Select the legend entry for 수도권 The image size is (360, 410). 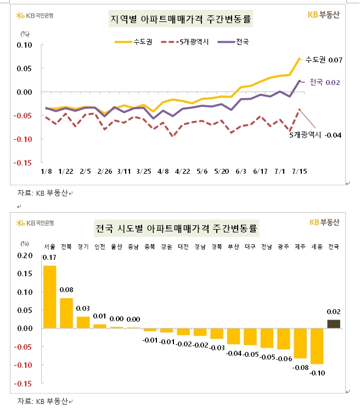pyautogui.click(x=130, y=41)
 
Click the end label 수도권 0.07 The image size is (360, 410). pyautogui.click(x=324, y=59)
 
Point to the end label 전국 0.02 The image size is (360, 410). pyautogui.click(x=325, y=82)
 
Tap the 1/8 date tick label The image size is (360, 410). pyautogui.click(x=46, y=171)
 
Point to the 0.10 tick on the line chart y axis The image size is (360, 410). pyautogui.click(x=25, y=45)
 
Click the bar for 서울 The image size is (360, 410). pyautogui.click(x=49, y=297)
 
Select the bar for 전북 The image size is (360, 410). pyautogui.click(x=66, y=313)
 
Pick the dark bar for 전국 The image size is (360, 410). pyautogui.click(x=333, y=324)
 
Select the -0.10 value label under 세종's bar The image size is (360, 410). pyautogui.click(x=317, y=373)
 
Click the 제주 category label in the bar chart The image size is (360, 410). pyautogui.click(x=300, y=246)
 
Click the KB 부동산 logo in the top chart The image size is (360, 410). pyautogui.click(x=324, y=15)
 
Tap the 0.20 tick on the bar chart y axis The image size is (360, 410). pyautogui.click(x=25, y=255)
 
